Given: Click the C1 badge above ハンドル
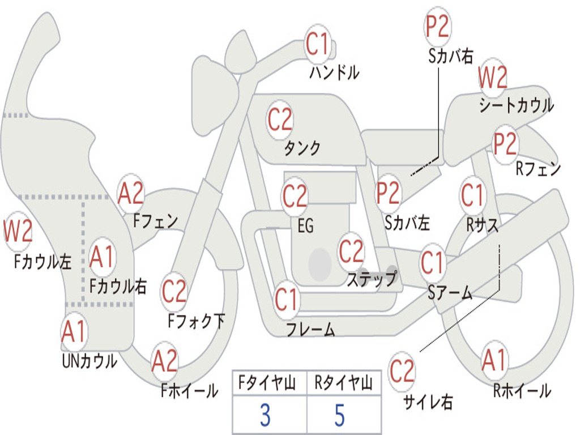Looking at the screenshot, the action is tap(318, 44).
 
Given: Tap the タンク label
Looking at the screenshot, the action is tap(302, 148).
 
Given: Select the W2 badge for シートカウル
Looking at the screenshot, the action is tap(492, 78).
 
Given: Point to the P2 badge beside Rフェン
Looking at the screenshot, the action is tap(505, 144).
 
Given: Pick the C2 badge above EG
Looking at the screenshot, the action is tap(295, 197).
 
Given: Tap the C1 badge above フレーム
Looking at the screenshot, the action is tap(287, 300).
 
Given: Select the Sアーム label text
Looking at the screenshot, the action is tap(450, 292).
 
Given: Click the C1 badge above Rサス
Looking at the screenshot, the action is tap(472, 195).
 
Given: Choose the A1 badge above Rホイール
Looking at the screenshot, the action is tap(494, 361).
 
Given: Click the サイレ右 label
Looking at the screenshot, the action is tap(428, 402).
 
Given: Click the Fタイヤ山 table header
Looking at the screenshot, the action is tap(268, 384).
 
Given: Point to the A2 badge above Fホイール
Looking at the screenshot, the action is tap(165, 361).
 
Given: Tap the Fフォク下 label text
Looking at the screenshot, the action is tap(196, 321).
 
